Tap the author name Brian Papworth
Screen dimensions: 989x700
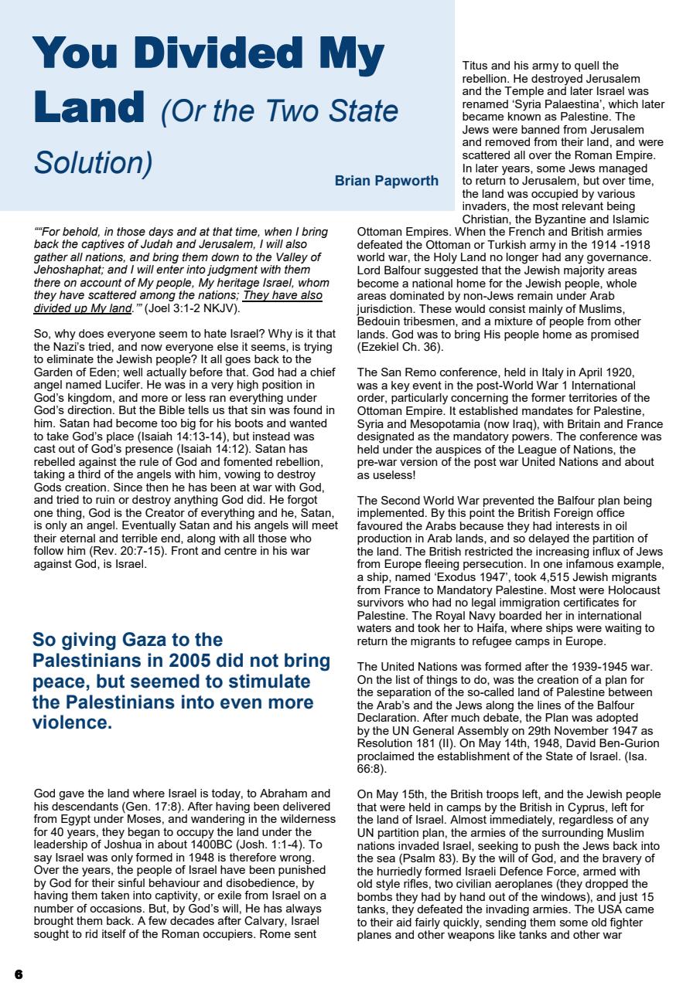[387, 181]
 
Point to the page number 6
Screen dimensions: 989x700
[18, 974]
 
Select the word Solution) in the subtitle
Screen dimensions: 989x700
[93, 163]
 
